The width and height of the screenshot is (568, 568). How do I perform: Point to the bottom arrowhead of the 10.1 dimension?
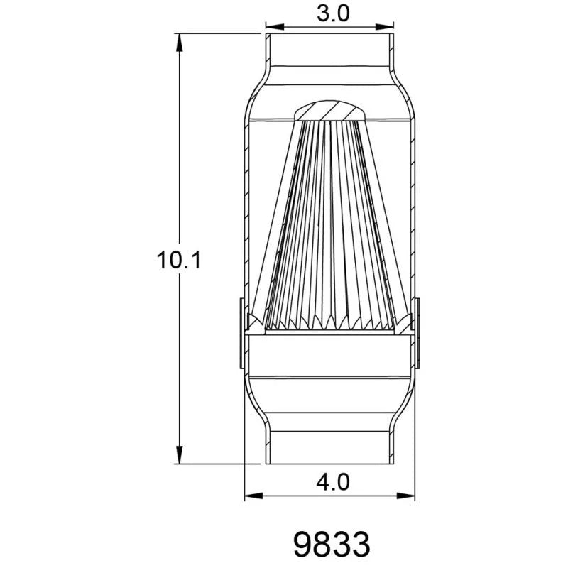179,454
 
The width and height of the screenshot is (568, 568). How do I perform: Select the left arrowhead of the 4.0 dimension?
251,495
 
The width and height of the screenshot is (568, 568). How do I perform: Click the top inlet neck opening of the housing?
330,50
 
